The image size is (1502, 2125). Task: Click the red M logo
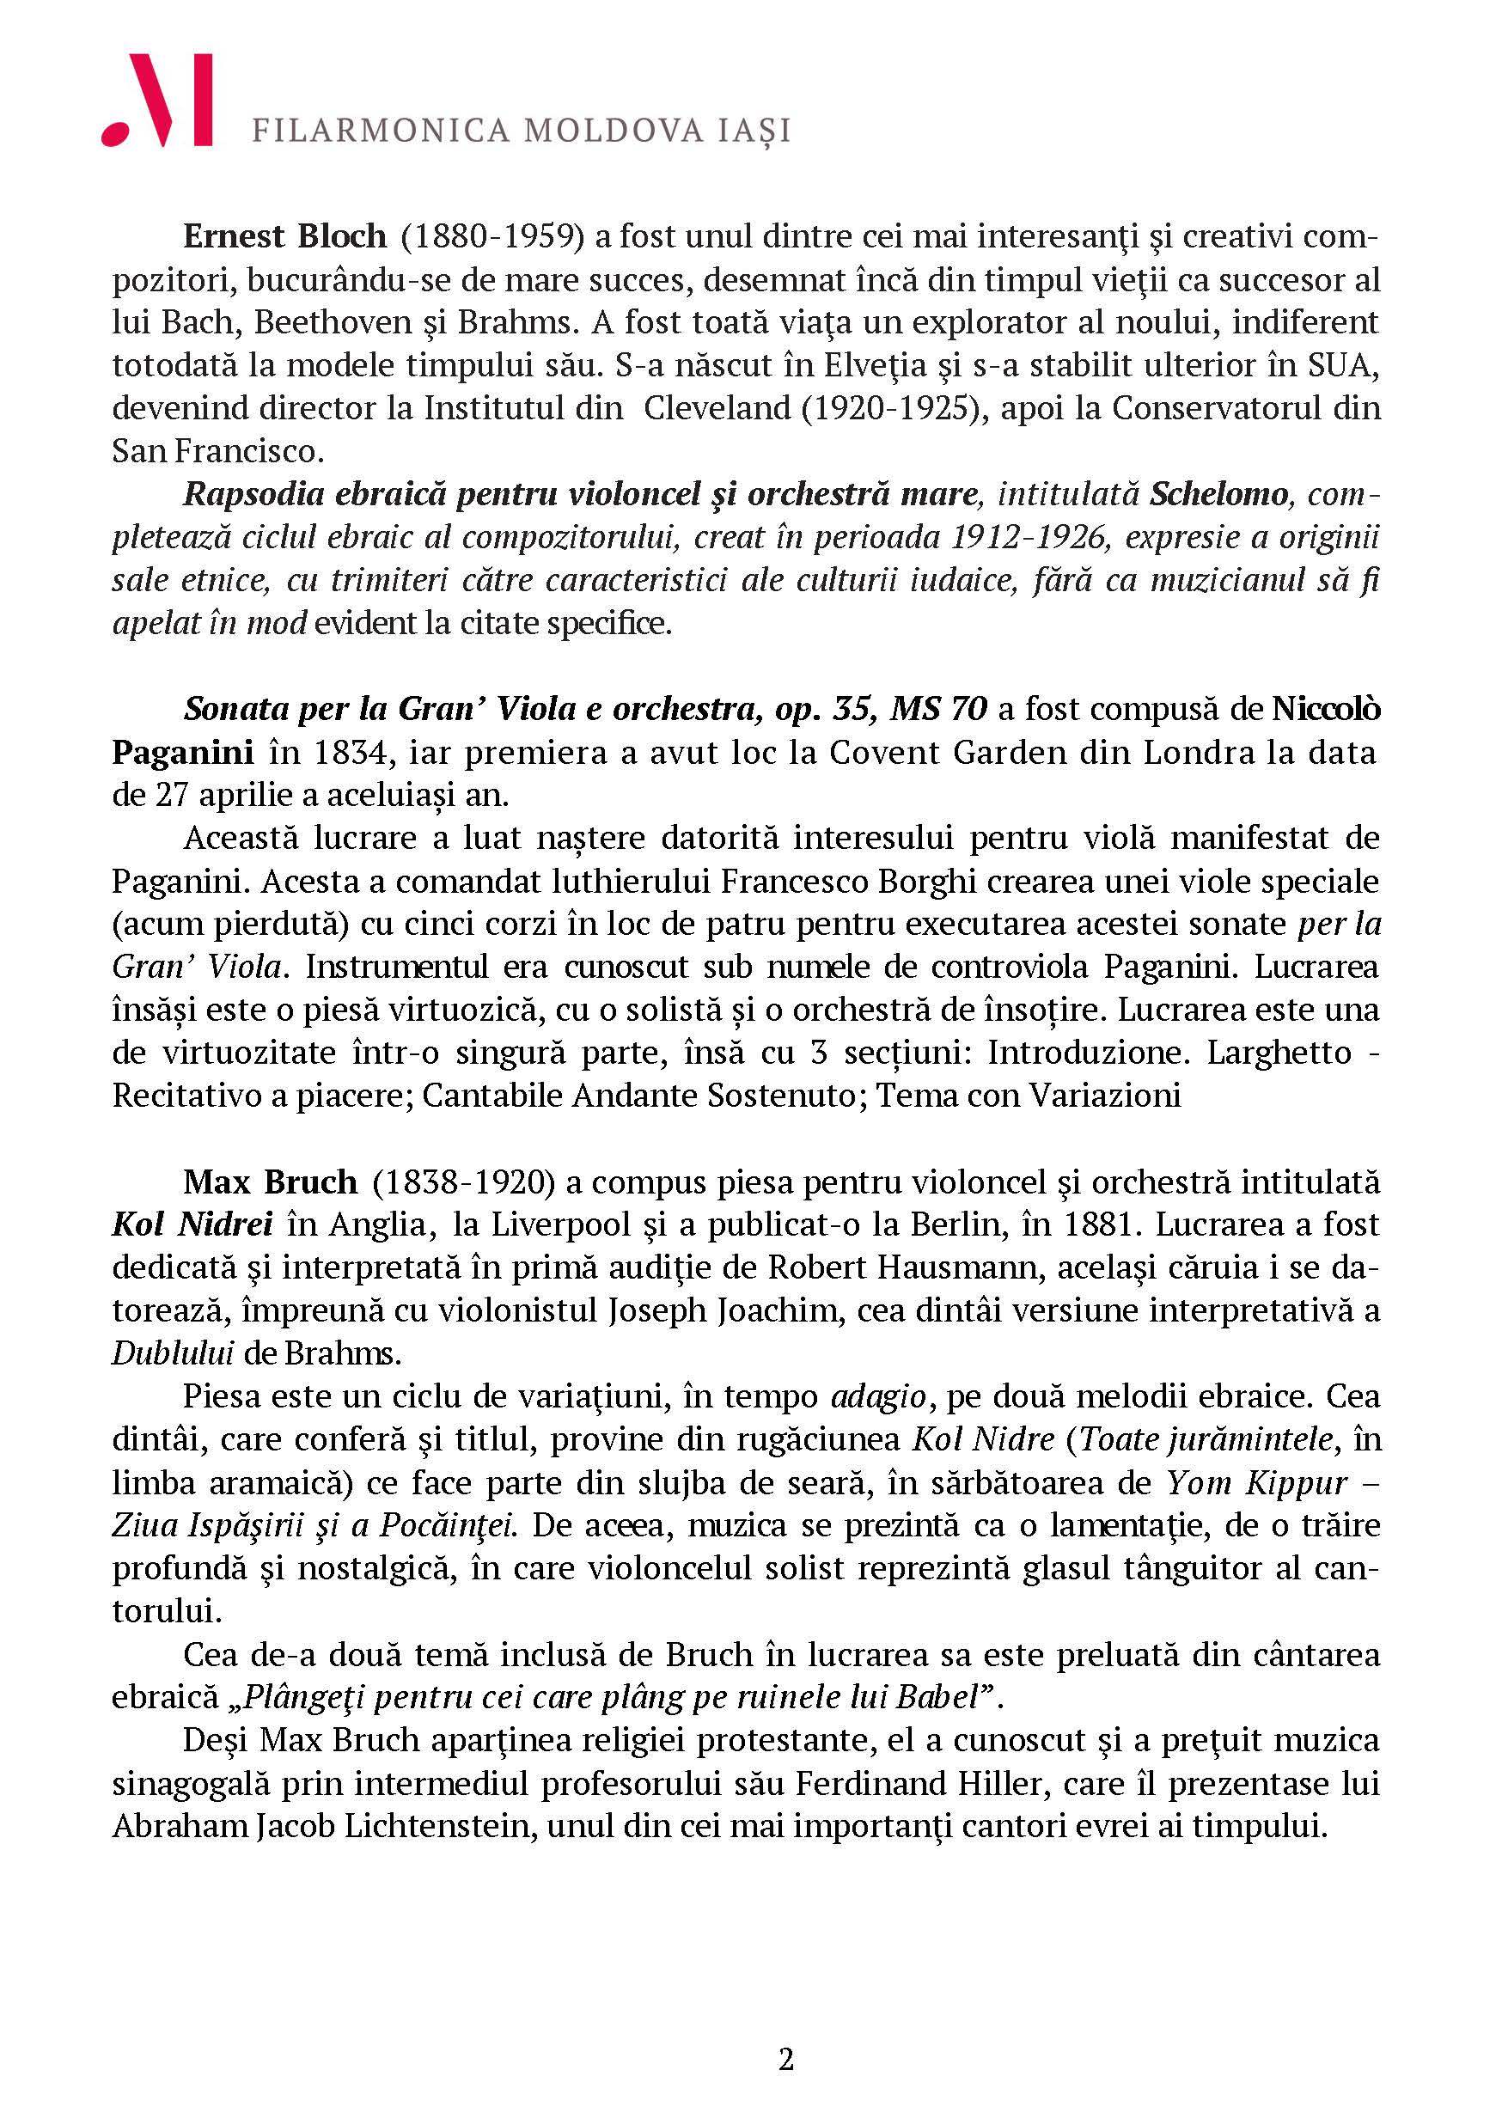point(157,100)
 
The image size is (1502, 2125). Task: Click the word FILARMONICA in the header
point(381,131)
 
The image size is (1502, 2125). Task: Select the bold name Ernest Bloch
point(284,236)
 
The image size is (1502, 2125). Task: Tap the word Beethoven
point(341,322)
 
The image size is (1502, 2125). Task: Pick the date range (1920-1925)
point(892,407)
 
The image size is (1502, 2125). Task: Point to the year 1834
point(346,752)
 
